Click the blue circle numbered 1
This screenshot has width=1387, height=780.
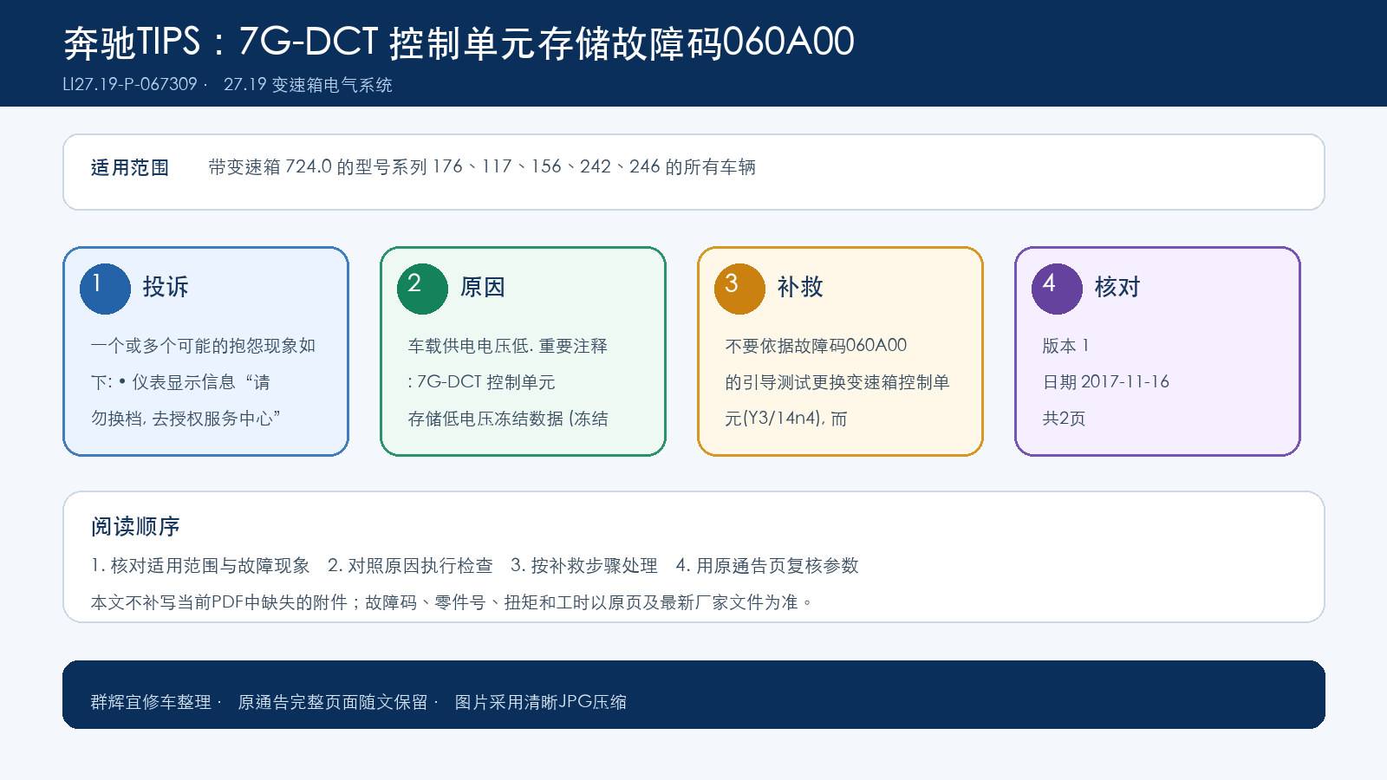[105, 289]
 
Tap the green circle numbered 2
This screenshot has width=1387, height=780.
[422, 289]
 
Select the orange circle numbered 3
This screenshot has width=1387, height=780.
[739, 289]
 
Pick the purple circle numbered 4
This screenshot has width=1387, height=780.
[1057, 289]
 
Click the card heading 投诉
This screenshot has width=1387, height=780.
[166, 287]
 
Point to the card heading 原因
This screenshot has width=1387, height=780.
[482, 287]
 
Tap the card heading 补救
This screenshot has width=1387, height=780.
[799, 287]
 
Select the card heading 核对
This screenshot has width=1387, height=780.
[1117, 287]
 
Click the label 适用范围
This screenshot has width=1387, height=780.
[130, 167]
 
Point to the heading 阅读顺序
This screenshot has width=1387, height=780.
[135, 526]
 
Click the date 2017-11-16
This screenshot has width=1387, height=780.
[1124, 382]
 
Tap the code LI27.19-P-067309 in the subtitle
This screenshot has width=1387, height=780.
[130, 84]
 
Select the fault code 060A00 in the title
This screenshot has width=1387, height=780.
[788, 42]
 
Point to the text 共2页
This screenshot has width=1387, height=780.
[1064, 419]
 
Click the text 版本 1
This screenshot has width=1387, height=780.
[1065, 346]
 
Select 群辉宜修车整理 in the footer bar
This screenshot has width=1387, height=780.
[151, 702]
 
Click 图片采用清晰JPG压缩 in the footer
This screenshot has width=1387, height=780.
[541, 702]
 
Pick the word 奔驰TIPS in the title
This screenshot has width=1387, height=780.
[132, 42]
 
